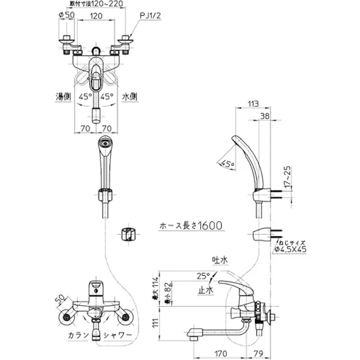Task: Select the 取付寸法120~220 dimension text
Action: pos(95,4)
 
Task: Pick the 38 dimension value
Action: pos(265,116)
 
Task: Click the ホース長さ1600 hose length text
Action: pos(190,226)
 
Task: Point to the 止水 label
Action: pos(204,290)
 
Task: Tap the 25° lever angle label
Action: pos(203,276)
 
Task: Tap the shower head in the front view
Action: pos(105,143)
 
